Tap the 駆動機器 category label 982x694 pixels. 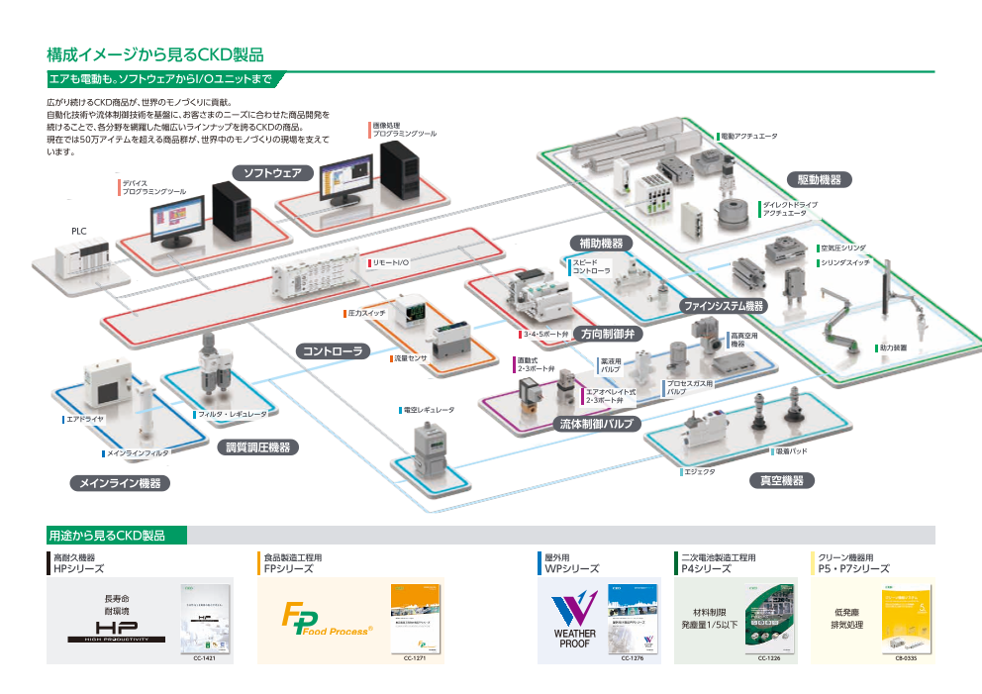819,179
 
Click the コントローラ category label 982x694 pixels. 334,350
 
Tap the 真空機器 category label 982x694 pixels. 781,480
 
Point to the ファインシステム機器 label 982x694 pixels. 725,306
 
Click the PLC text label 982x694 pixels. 79,231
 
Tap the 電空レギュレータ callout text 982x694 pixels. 427,409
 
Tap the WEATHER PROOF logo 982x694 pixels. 575,621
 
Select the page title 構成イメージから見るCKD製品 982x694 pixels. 154,53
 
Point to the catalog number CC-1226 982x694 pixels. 770,657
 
